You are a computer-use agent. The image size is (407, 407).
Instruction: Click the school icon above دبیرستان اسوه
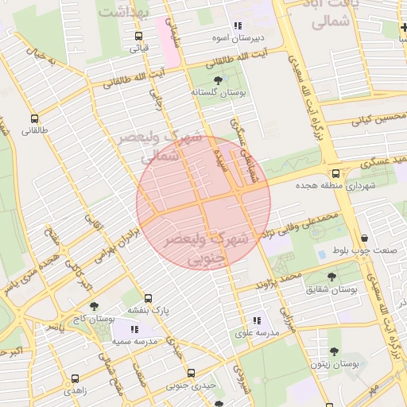pyautogui.click(x=237, y=25)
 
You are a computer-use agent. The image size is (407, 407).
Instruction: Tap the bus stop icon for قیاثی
pyautogui.click(x=139, y=36)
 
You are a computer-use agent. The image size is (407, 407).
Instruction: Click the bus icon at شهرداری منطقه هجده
pyautogui.click(x=335, y=172)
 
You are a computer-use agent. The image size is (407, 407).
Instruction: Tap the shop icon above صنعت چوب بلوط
pyautogui.click(x=364, y=238)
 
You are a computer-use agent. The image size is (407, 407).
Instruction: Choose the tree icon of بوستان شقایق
pyautogui.click(x=334, y=277)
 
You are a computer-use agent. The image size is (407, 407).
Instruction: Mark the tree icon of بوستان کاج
pyautogui.click(x=94, y=306)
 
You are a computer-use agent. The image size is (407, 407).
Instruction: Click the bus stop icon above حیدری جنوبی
pyautogui.click(x=191, y=373)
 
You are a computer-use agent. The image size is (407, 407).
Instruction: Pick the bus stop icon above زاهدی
pyautogui.click(x=75, y=379)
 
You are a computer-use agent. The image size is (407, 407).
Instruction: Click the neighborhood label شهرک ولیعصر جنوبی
pyautogui.click(x=205, y=247)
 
